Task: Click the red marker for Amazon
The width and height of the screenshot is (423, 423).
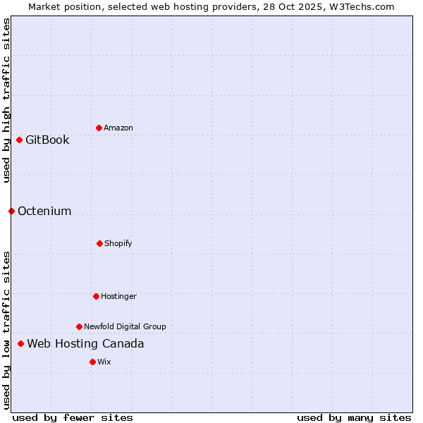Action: point(99,128)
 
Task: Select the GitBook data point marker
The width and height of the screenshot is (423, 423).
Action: point(19,140)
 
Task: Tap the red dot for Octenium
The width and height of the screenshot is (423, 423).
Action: point(11,211)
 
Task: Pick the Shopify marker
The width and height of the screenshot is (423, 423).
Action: point(99,243)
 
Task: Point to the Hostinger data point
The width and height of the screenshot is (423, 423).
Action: point(96,296)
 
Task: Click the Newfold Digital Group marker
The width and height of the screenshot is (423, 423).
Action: point(79,326)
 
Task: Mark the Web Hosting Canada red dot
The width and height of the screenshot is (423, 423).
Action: point(20,343)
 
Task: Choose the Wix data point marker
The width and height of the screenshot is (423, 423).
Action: point(92,362)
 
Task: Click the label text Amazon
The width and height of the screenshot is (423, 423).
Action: point(118,128)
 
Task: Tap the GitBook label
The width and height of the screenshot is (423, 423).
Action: point(47,140)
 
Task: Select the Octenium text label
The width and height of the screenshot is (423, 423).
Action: point(44,211)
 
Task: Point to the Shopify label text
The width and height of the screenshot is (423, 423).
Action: point(118,243)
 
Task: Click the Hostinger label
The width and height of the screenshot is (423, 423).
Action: point(118,296)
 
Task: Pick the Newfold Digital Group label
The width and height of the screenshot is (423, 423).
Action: point(125,326)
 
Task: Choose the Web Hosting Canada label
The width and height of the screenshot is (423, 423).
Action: point(85,343)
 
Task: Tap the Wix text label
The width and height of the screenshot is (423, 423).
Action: point(104,362)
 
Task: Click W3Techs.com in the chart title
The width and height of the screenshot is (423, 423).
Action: point(360,6)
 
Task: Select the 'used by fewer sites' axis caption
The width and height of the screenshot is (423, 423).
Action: point(73,417)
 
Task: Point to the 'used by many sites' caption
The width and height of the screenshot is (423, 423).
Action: point(354,417)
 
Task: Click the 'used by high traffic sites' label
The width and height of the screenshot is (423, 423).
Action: point(6,100)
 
